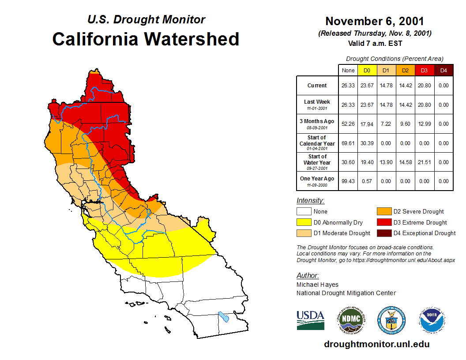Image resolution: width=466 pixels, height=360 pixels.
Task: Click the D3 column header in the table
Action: pos(424,70)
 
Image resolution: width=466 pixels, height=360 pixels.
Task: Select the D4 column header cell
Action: pos(443,70)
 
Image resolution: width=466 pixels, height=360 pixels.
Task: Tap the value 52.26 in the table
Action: pos(348,124)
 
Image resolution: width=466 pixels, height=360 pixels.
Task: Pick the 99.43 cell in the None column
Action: pos(348,181)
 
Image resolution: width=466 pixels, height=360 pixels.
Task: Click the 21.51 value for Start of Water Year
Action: pos(424,162)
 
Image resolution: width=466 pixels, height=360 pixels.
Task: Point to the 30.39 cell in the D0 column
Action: pos(367,143)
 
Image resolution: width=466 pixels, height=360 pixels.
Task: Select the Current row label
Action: pos(317,86)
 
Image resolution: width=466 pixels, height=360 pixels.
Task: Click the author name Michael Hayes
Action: pos(317,285)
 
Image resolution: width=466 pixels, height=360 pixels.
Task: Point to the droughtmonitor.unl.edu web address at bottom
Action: pos(376,344)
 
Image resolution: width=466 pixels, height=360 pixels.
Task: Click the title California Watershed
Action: pos(146,39)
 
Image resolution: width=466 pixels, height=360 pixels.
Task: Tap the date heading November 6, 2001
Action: pos(375,21)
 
